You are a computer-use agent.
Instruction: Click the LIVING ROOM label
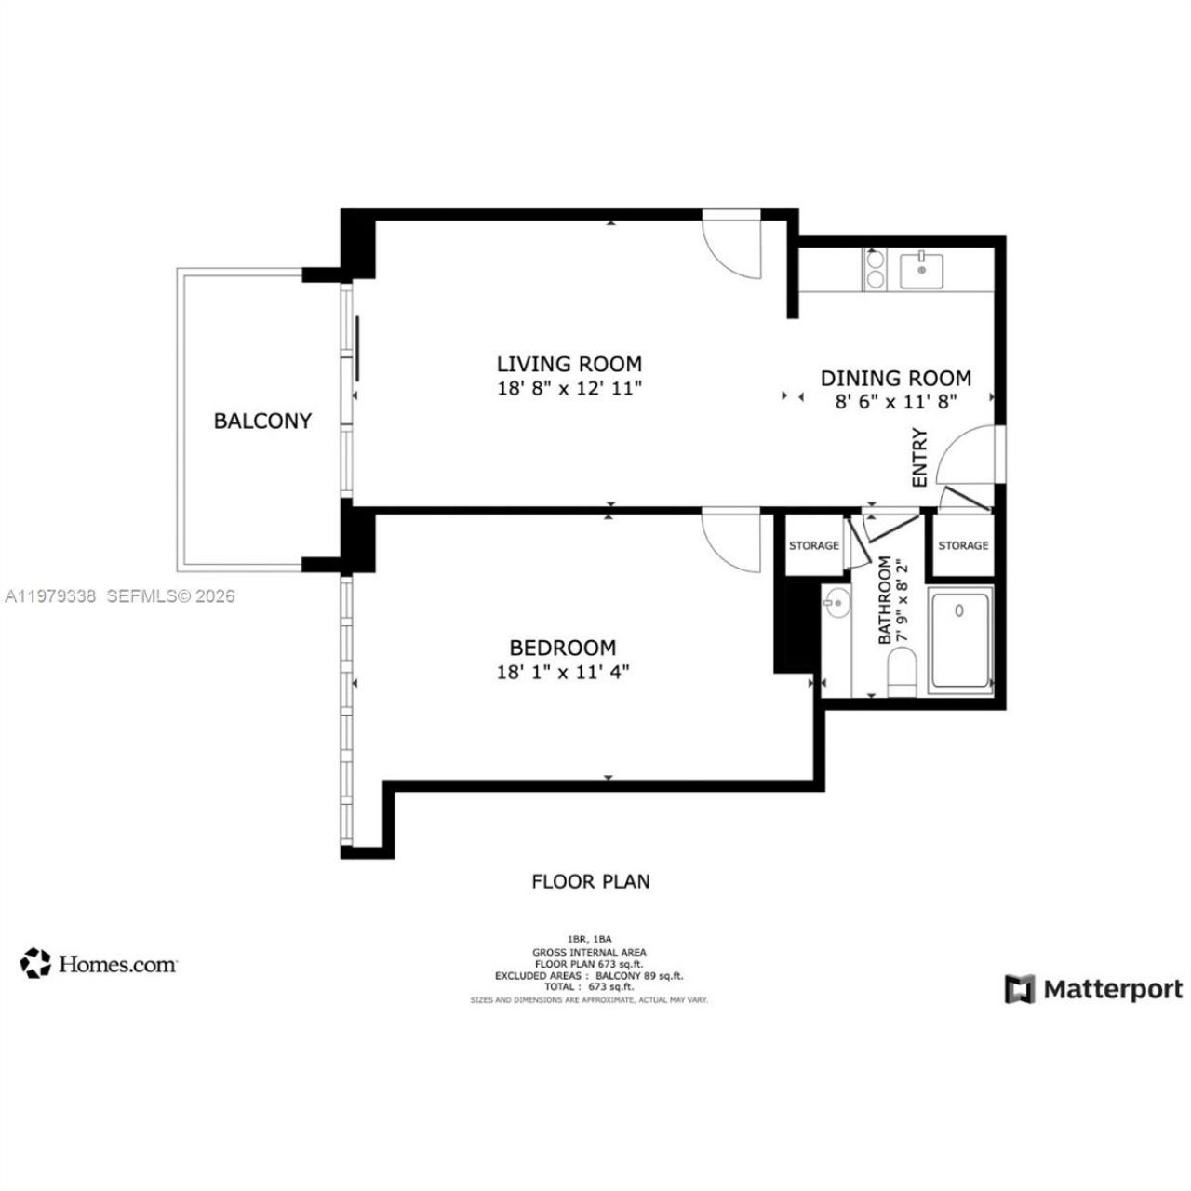pyautogui.click(x=569, y=364)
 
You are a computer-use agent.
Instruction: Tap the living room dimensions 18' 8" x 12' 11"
pyautogui.click(x=569, y=389)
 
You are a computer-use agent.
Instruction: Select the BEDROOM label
pyautogui.click(x=562, y=648)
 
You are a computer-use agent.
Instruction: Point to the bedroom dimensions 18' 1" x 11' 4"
pyautogui.click(x=562, y=672)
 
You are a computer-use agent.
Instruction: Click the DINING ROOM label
pyautogui.click(x=895, y=378)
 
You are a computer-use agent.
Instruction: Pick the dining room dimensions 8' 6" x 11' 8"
pyautogui.click(x=895, y=402)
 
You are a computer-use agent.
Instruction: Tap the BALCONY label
pyautogui.click(x=262, y=421)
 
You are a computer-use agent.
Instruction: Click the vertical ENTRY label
pyautogui.click(x=920, y=457)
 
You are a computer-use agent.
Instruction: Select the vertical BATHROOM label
pyautogui.click(x=885, y=600)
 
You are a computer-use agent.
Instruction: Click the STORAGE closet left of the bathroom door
pyautogui.click(x=813, y=545)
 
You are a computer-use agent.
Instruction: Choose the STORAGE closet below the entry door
pyautogui.click(x=963, y=545)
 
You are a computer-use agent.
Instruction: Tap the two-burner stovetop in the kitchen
pyautogui.click(x=876, y=270)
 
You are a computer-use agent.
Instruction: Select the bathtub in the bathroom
pyautogui.click(x=961, y=638)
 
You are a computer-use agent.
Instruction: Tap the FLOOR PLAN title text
pyautogui.click(x=591, y=881)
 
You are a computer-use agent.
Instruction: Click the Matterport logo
pyautogui.click(x=1093, y=989)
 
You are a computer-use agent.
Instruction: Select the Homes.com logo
pyautogui.click(x=99, y=964)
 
